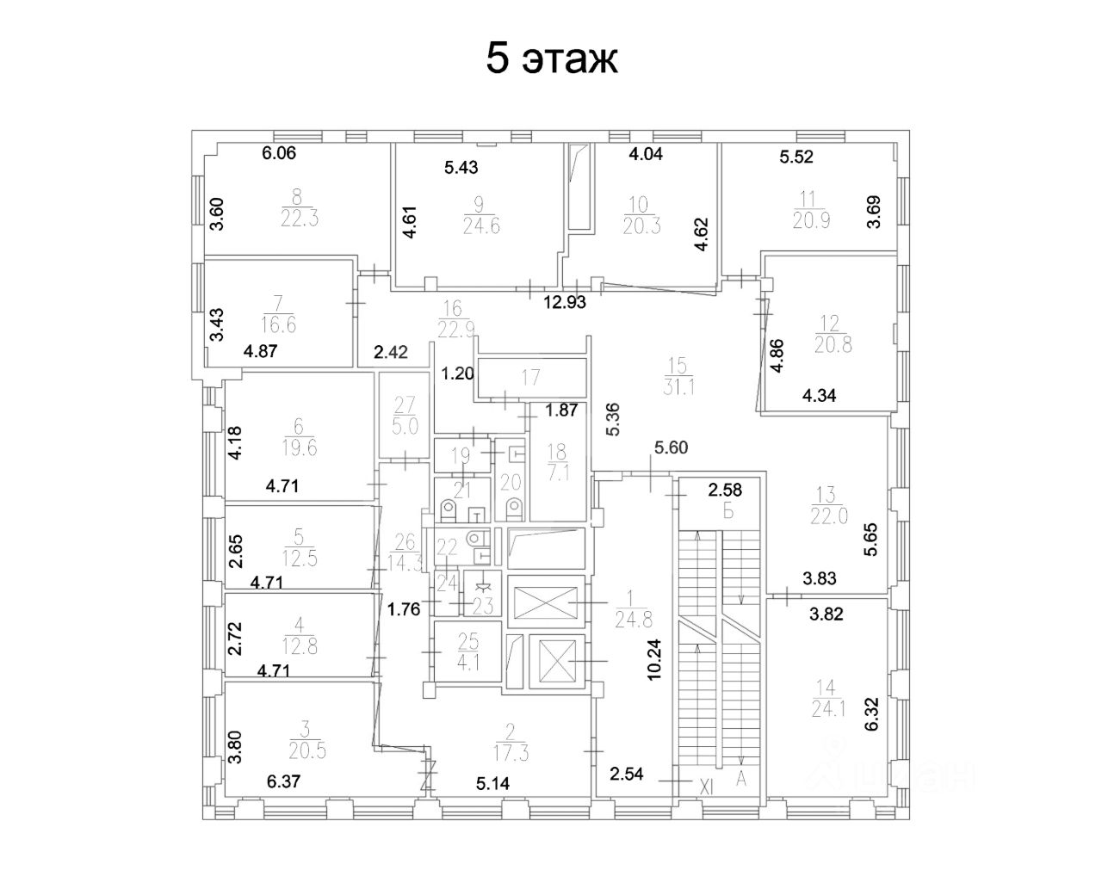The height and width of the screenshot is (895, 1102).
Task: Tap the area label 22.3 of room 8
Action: (x=300, y=219)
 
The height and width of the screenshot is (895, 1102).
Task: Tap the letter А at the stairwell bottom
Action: (x=741, y=780)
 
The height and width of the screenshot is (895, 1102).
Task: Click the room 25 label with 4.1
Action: (x=468, y=651)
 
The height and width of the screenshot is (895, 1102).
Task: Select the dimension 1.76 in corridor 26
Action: (x=403, y=610)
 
